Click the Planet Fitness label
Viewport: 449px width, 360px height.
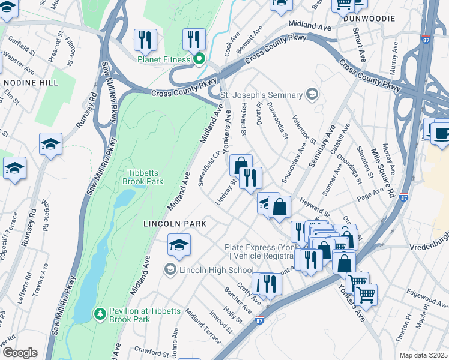(164, 59)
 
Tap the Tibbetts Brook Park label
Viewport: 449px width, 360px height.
(143, 176)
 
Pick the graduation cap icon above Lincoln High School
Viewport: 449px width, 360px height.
(179, 245)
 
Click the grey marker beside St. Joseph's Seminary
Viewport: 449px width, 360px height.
(311, 94)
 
